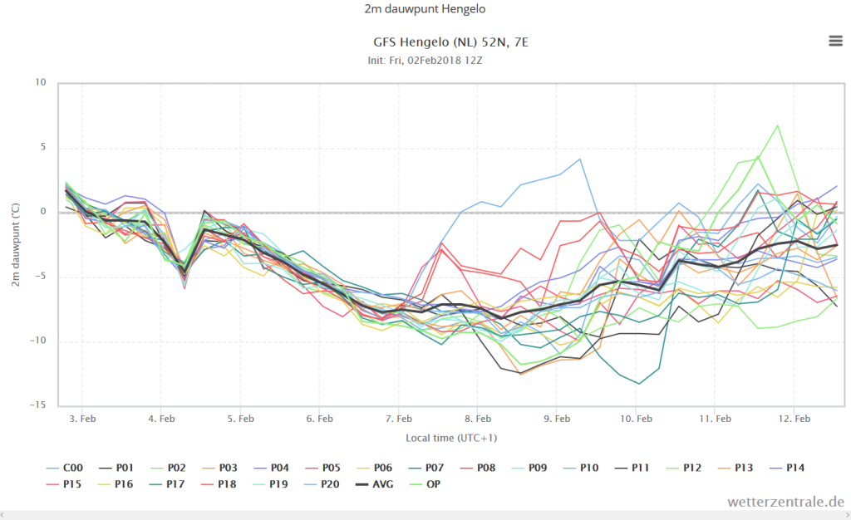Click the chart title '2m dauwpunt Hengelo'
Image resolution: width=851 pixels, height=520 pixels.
(x=425, y=9)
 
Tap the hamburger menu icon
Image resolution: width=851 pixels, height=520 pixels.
(x=836, y=41)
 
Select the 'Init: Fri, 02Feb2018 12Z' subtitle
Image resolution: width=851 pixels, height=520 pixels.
(x=425, y=60)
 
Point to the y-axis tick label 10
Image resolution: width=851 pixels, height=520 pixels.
(x=41, y=82)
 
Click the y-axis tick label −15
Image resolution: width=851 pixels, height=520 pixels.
(x=37, y=405)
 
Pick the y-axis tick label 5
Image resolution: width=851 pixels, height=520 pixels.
(x=43, y=147)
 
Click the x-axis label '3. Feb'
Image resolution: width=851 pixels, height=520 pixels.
(x=82, y=419)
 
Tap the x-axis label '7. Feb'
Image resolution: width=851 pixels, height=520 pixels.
(x=399, y=419)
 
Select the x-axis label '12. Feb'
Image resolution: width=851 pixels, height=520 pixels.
(x=794, y=419)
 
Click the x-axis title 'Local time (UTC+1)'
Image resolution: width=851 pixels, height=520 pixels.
(x=451, y=438)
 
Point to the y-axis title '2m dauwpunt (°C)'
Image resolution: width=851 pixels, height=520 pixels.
(x=16, y=244)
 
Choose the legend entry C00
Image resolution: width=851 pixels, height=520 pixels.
(x=65, y=468)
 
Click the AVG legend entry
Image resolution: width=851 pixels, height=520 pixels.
(x=375, y=484)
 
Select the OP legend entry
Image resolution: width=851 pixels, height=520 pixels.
(x=425, y=484)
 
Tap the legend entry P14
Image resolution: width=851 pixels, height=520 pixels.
(x=787, y=468)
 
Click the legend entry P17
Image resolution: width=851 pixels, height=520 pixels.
(x=167, y=484)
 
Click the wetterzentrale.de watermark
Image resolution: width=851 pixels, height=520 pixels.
(x=786, y=502)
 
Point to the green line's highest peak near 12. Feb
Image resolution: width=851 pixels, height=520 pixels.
(x=778, y=125)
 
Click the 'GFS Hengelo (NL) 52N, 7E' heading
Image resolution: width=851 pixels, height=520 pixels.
(x=451, y=42)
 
